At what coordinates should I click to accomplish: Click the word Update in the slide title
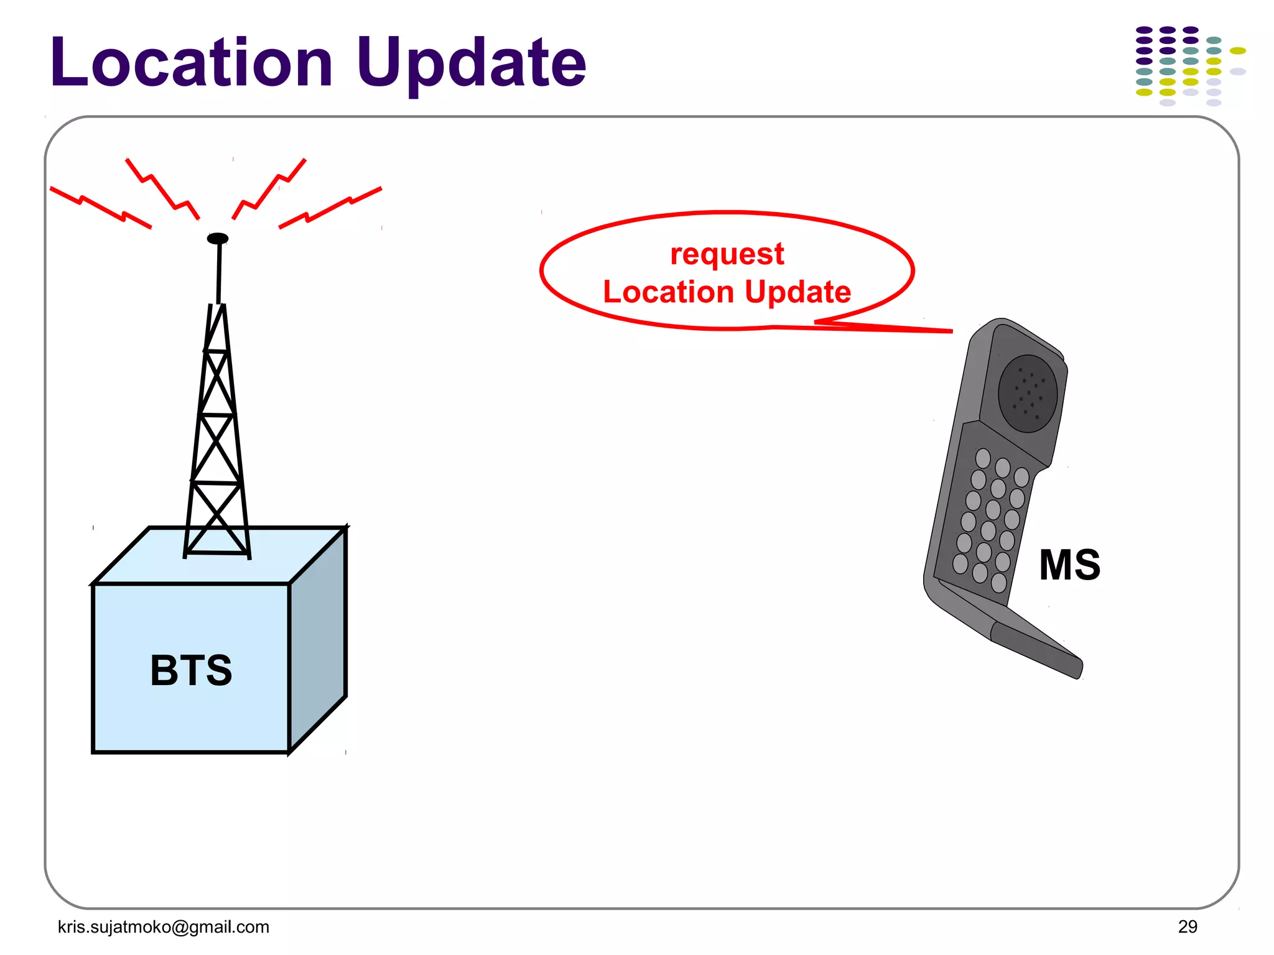tap(471, 63)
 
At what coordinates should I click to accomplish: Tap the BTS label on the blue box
tap(191, 670)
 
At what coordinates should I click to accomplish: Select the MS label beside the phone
tap(1069, 565)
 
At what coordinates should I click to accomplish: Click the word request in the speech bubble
tap(727, 254)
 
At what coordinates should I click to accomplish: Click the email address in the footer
tap(163, 926)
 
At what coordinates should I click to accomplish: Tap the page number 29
tap(1187, 926)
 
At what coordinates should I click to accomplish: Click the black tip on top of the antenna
tap(217, 238)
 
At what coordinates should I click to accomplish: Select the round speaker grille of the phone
tap(1027, 393)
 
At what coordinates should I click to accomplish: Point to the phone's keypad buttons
tap(989, 519)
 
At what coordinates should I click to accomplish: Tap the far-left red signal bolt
tap(100, 207)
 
